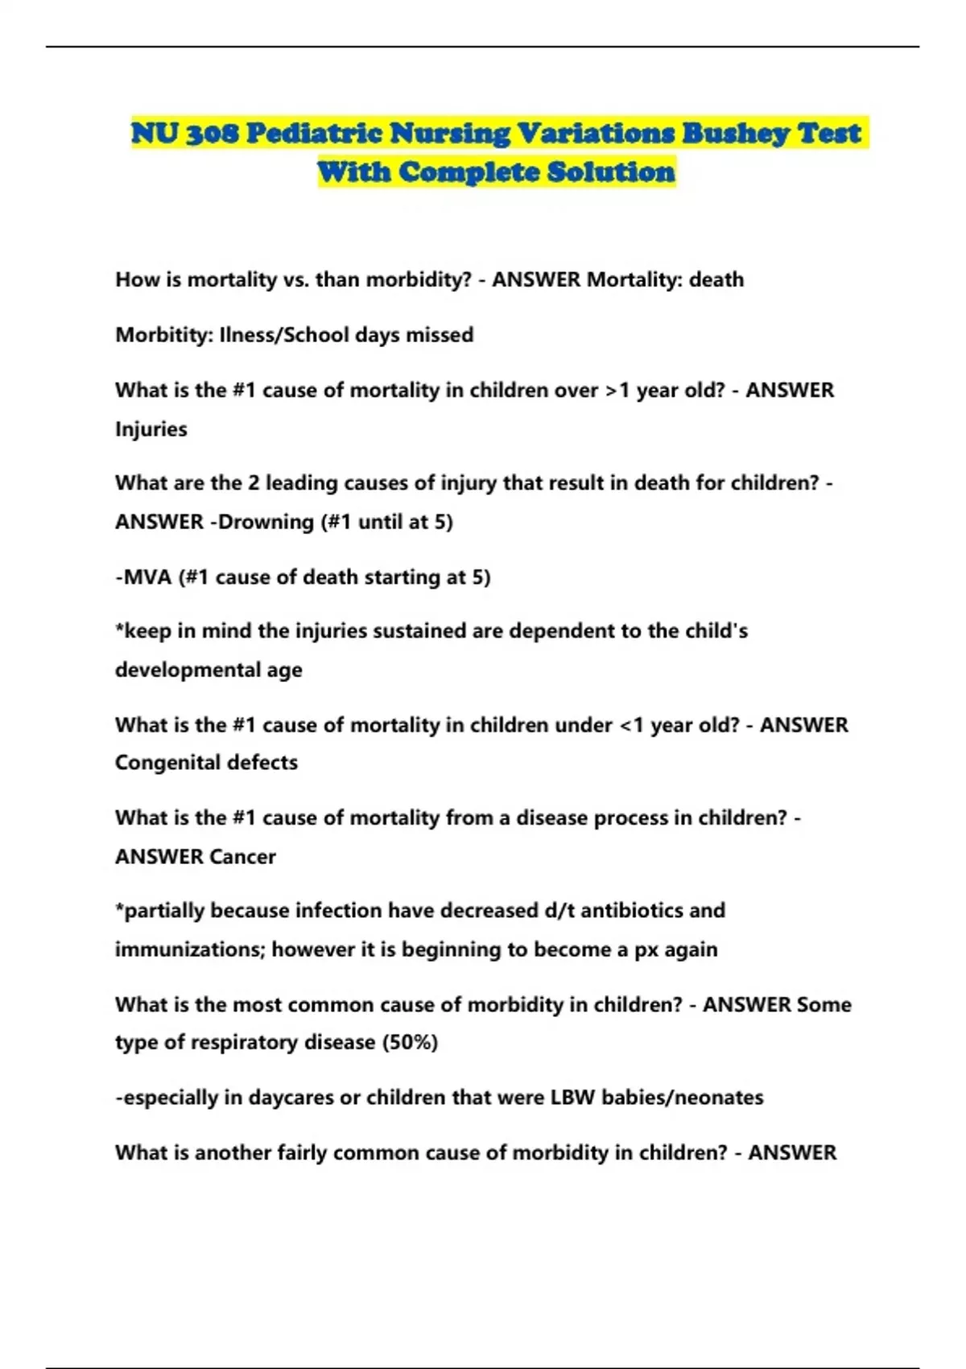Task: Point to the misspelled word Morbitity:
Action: [x=163, y=335]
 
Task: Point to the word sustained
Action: [x=422, y=631]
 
